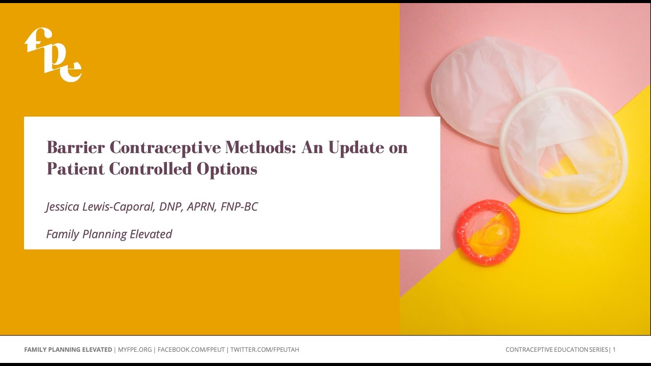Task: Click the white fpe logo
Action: coord(53,54)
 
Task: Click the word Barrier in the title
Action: coord(76,147)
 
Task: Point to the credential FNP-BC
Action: coord(239,207)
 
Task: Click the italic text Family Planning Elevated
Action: coord(109,234)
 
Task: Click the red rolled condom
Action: coord(488,232)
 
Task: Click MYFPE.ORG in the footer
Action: coord(135,350)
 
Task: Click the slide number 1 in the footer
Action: coord(614,350)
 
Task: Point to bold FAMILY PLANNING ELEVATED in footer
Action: coord(68,350)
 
